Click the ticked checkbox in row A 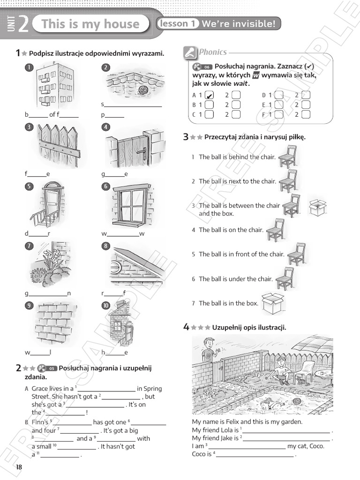pos(210,95)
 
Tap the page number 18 pos(19,467)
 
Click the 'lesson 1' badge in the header pos(178,23)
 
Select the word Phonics pos(213,52)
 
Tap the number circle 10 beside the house pos(106,306)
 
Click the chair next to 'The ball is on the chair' pos(275,230)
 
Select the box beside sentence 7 pos(272,303)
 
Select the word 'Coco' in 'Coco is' pos(199,454)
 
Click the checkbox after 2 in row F pos(306,114)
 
